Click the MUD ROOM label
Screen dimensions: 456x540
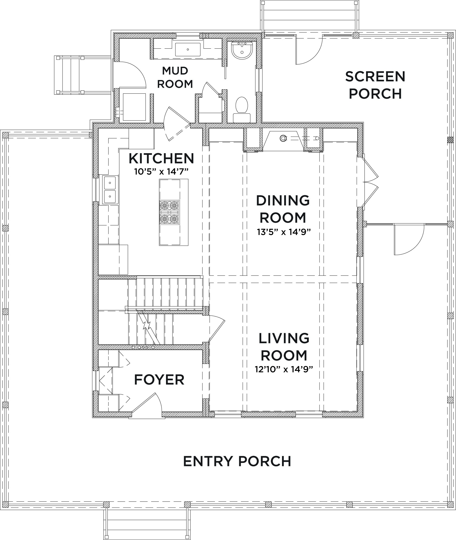[x=175, y=77]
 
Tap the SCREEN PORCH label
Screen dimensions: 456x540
[x=375, y=85]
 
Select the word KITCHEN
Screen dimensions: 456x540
[x=161, y=158]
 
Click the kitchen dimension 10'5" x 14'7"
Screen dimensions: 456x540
[x=161, y=172]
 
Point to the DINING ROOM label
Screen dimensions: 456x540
[x=283, y=209]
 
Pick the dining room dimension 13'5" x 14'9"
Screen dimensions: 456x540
[x=284, y=232]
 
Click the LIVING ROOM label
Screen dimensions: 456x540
[x=284, y=347]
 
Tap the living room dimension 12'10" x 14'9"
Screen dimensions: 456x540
[x=284, y=369]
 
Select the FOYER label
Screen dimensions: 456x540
[x=159, y=379]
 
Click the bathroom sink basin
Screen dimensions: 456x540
[x=241, y=50]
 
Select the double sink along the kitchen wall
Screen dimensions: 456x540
[x=110, y=190]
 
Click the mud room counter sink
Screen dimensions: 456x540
[x=188, y=49]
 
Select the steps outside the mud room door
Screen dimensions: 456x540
[x=82, y=75]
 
